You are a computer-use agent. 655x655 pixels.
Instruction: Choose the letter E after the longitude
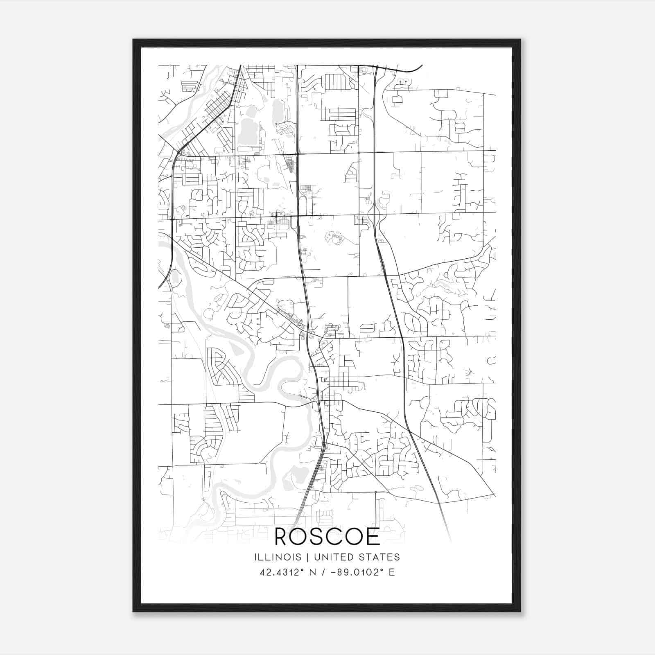tap(392, 572)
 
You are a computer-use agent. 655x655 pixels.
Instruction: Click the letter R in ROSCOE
tap(282, 537)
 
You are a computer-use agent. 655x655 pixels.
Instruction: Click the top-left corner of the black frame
tap(133, 40)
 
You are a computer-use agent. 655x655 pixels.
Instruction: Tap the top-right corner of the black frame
tap(520, 40)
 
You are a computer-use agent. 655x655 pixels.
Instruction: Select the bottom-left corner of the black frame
tap(133, 611)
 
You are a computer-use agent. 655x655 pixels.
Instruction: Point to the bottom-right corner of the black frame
tap(520, 611)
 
